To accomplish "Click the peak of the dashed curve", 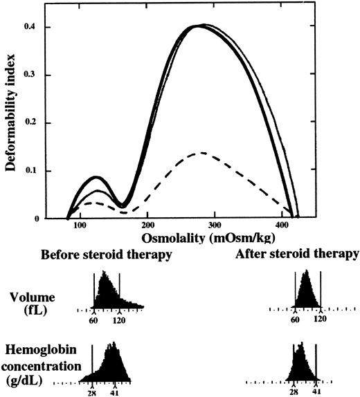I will pos(197,152).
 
